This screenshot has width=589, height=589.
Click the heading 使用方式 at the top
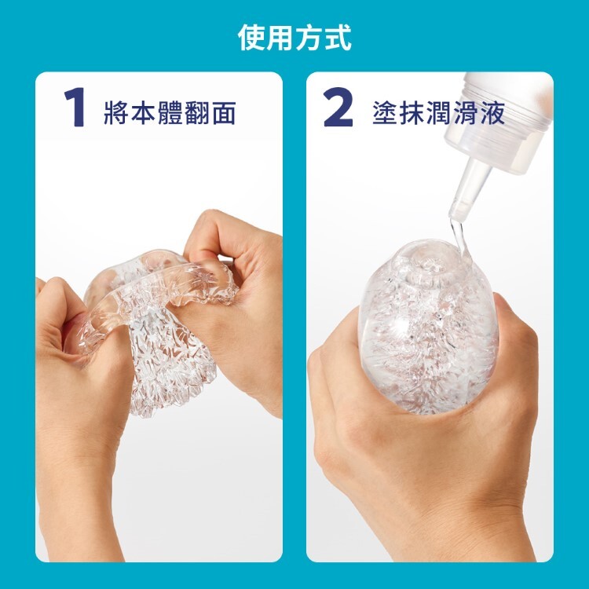point(294,37)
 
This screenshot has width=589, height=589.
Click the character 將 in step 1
point(117,112)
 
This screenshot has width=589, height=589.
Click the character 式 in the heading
point(338,37)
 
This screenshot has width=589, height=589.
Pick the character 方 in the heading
point(309,37)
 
